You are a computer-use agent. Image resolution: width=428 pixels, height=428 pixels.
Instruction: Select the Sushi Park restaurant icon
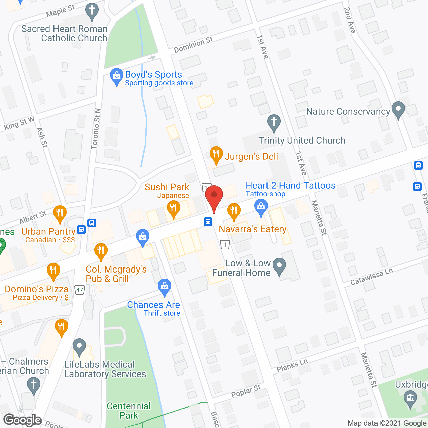173,209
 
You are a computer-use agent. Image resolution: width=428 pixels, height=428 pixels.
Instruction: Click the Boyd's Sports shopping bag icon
116,77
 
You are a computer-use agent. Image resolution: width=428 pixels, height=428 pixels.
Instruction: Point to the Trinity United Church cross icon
274,123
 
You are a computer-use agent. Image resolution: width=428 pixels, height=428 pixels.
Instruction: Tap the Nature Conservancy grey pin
398,110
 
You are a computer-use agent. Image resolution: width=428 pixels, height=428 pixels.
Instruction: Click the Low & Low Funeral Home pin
279,266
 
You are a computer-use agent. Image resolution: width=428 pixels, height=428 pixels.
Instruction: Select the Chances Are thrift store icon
164,287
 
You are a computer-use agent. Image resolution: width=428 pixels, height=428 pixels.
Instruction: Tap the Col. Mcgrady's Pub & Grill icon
101,251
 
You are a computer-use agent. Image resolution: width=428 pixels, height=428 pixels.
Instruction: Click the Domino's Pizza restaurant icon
53,271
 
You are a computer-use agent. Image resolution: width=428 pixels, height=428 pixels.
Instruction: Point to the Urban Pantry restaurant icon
60,213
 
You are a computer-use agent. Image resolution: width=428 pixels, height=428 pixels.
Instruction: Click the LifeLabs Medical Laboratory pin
79,347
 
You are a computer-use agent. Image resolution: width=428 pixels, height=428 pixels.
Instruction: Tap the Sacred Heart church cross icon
92,11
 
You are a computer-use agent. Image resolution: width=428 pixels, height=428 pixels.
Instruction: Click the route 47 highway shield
80,290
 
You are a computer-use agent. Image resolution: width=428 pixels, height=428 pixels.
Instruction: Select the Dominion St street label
193,45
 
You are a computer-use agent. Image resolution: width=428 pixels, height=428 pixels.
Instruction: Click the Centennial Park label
129,411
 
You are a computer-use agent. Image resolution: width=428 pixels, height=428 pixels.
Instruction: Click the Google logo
23,420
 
